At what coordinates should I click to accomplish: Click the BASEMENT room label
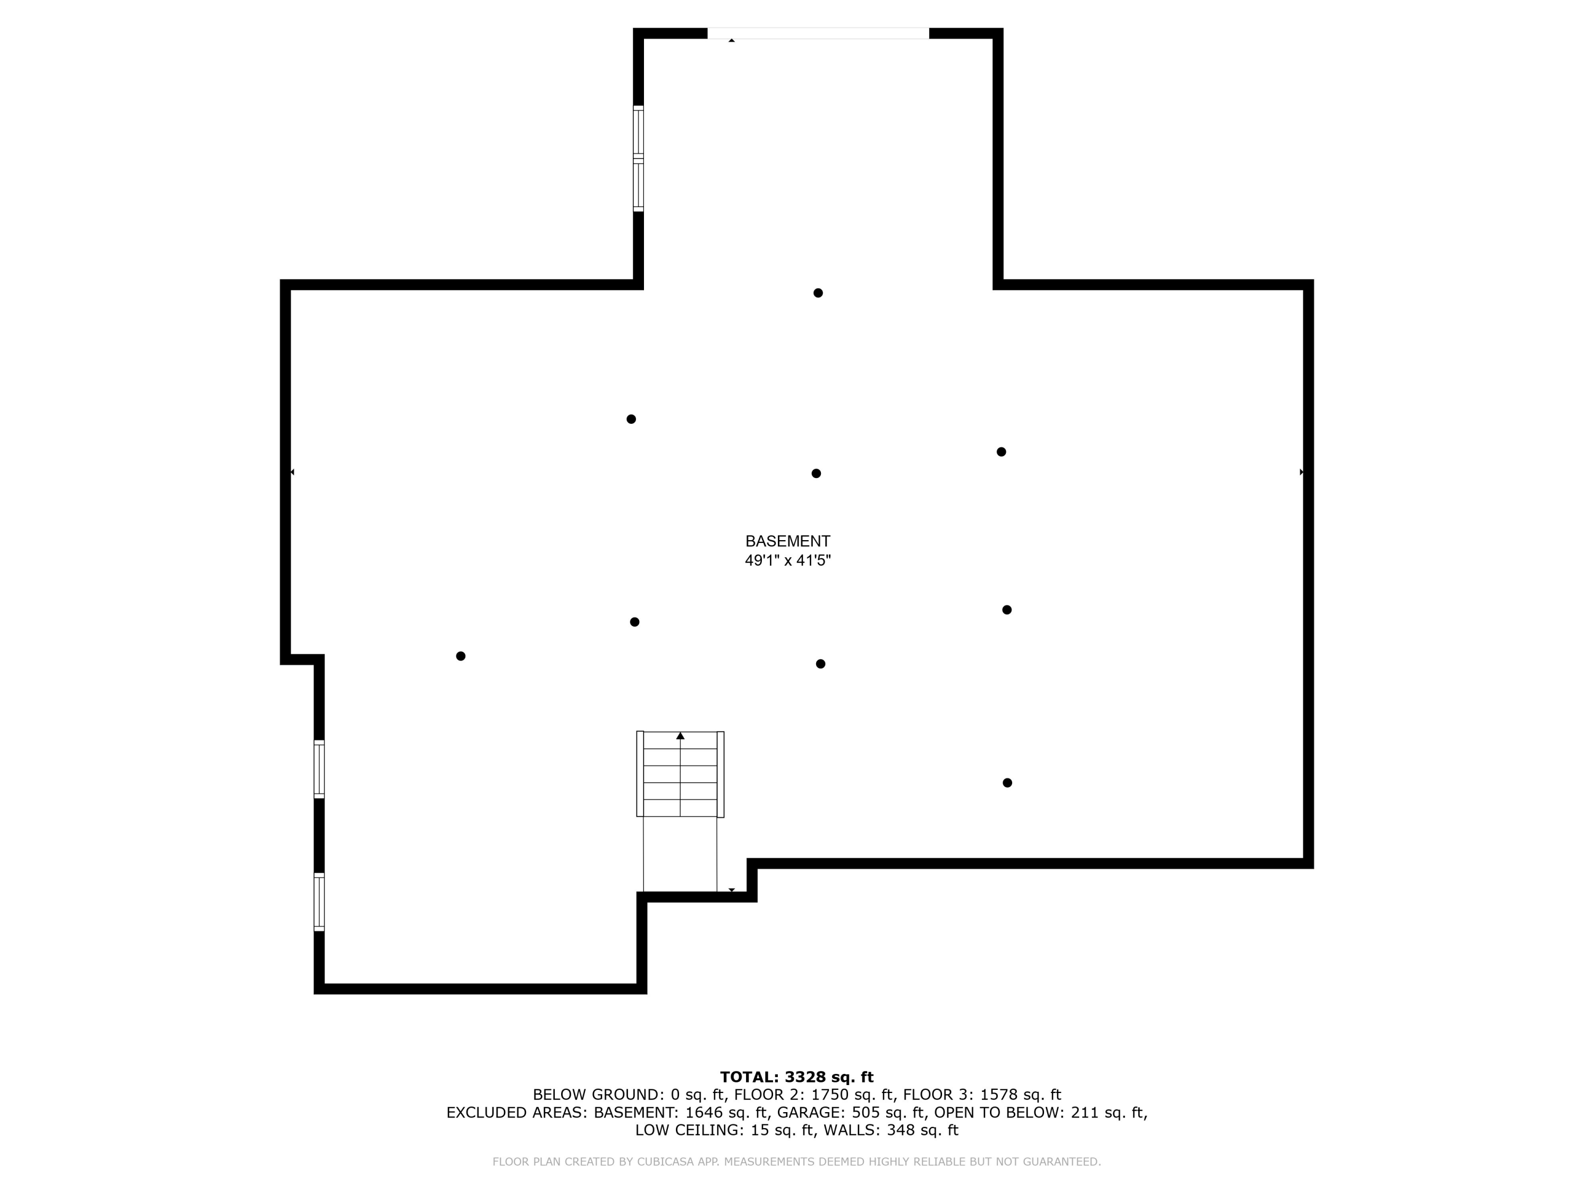click(787, 541)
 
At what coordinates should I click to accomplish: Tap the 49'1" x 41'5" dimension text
click(787, 560)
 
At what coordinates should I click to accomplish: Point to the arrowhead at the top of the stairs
click(680, 736)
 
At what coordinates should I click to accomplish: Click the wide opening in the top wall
click(817, 33)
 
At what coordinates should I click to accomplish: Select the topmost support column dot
click(817, 293)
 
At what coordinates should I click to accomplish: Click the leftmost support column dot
click(461, 656)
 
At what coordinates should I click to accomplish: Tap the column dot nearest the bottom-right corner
click(1007, 783)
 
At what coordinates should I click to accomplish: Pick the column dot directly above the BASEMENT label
click(816, 473)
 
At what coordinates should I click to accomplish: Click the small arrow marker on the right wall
click(1301, 472)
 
